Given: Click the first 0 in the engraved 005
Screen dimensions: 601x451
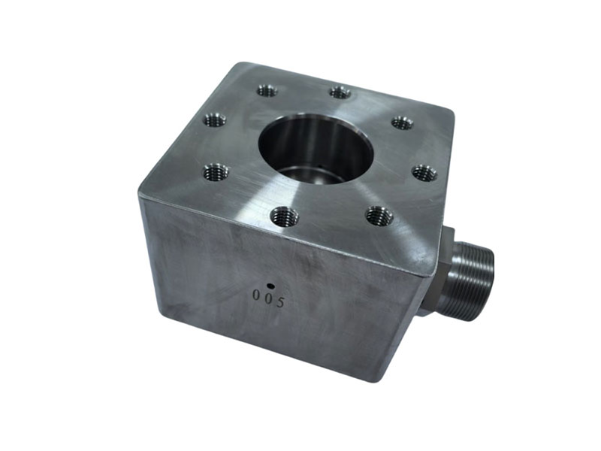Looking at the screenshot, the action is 255,295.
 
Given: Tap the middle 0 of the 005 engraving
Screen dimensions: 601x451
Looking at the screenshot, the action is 268,298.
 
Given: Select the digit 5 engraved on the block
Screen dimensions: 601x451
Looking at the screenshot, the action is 280,302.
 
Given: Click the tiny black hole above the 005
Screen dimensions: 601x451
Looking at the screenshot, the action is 271,286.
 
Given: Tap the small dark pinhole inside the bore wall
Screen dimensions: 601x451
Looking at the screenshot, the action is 319,166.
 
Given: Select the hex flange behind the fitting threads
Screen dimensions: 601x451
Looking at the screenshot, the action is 445,268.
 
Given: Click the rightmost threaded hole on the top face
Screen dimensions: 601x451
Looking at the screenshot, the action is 424,173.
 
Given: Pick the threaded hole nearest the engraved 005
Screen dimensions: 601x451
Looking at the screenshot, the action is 284,216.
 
